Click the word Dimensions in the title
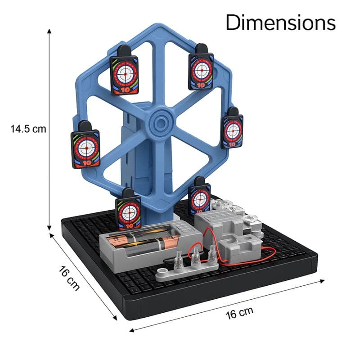click(x=280, y=22)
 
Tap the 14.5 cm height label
click(x=28, y=129)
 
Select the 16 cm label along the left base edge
click(x=69, y=278)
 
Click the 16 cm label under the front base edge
click(x=239, y=313)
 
